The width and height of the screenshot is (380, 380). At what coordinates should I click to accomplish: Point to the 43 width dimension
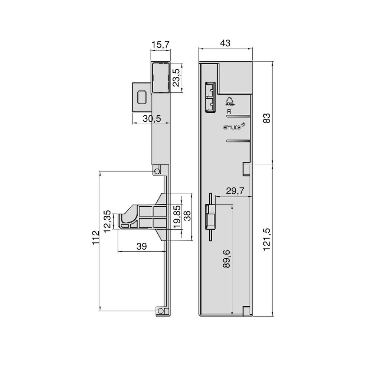(225, 43)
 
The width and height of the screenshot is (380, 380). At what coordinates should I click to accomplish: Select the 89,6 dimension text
(227, 259)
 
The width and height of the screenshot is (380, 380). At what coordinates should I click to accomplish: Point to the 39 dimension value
(141, 246)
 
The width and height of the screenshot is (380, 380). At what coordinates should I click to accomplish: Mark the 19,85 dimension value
(177, 217)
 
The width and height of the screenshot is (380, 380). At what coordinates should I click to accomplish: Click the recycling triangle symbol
(229, 99)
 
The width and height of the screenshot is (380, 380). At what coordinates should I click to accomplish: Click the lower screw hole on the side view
(161, 311)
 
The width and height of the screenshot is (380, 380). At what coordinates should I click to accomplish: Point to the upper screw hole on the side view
(157, 171)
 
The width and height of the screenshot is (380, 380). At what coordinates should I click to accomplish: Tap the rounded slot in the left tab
(141, 97)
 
